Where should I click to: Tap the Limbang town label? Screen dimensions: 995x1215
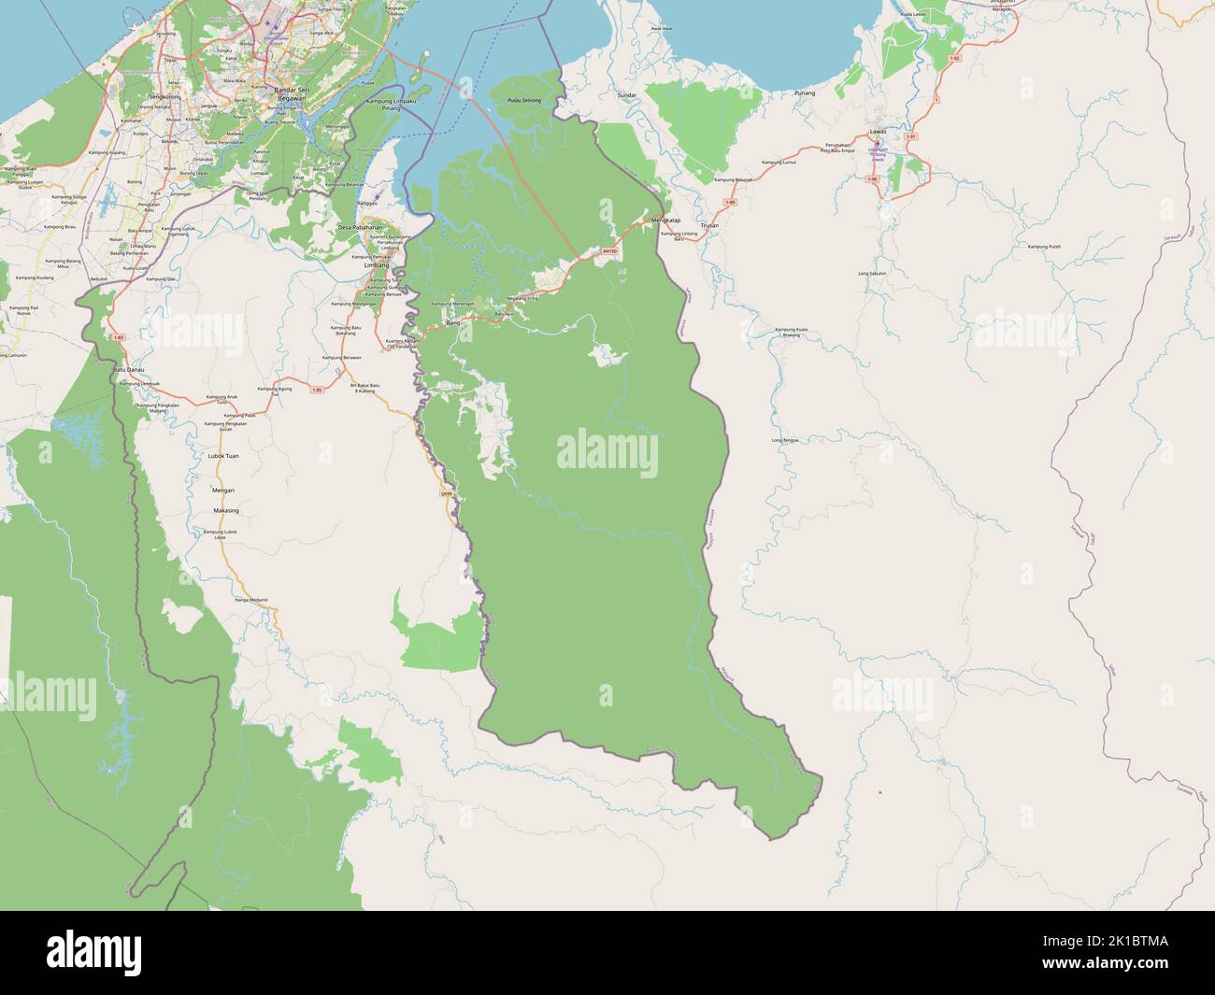pyautogui.click(x=376, y=265)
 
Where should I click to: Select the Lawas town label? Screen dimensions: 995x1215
pyautogui.click(x=877, y=133)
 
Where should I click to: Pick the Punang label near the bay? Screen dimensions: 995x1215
pyautogui.click(x=804, y=93)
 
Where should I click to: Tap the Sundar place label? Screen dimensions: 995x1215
pyautogui.click(x=626, y=96)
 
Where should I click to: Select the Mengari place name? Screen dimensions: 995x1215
pyautogui.click(x=222, y=490)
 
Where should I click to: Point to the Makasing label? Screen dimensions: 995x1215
pyautogui.click(x=225, y=511)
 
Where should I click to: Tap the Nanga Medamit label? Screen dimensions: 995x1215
pyautogui.click(x=251, y=599)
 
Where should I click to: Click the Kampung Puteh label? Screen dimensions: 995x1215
pyautogui.click(x=1043, y=246)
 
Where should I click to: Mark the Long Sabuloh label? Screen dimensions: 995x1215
pyautogui.click(x=871, y=273)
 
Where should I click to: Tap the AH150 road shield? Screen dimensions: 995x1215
pyautogui.click(x=610, y=250)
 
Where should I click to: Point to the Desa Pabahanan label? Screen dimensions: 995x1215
pyautogui.click(x=360, y=227)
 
